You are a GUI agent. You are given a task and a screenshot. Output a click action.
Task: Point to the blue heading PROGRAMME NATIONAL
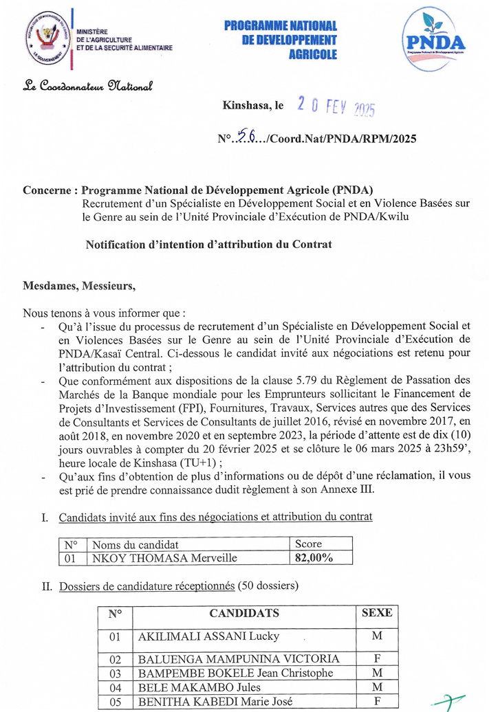pos(281,25)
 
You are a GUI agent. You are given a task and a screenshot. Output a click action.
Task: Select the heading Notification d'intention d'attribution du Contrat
pos(208,244)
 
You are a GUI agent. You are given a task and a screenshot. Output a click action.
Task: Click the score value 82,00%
pos(314,557)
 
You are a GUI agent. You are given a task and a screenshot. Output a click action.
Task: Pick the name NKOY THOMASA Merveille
pos(164,557)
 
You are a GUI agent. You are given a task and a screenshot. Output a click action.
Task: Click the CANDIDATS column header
pos(244,612)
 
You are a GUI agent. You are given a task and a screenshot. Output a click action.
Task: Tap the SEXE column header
pos(376,612)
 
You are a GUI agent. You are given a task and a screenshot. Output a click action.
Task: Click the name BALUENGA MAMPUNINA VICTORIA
pos(239,658)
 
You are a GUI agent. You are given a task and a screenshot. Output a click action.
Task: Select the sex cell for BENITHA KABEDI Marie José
pos(376,702)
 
